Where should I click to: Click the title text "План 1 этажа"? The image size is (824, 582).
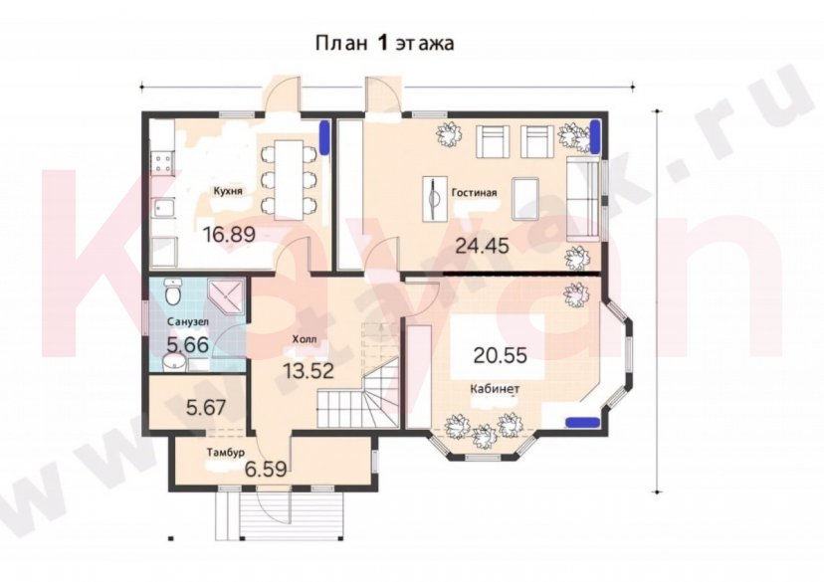(384, 43)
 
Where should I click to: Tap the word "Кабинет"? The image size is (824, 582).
(495, 387)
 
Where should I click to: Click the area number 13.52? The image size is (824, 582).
(307, 371)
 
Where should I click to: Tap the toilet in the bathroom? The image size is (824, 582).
(172, 294)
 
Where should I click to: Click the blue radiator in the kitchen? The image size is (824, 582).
(324, 138)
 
